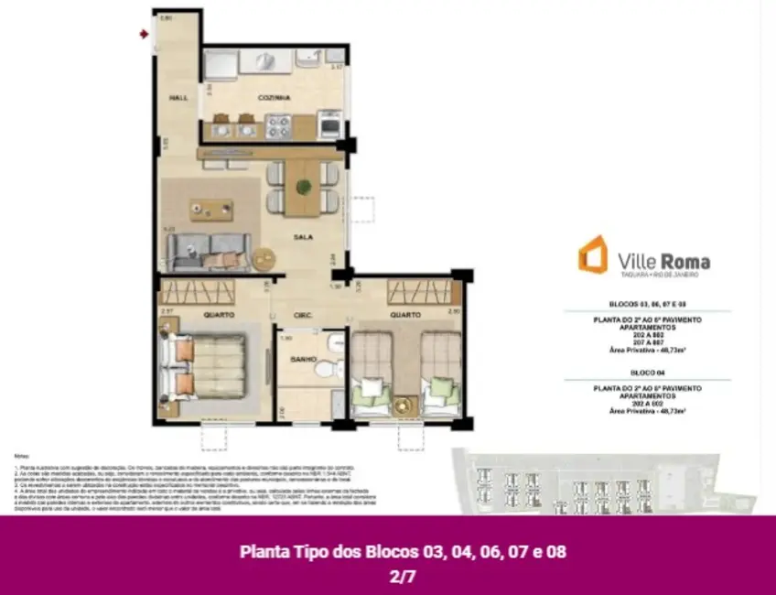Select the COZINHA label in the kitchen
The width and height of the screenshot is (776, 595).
pyautogui.click(x=275, y=97)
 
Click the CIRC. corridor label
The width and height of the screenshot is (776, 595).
pyautogui.click(x=304, y=315)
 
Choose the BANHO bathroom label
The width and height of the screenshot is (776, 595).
pyautogui.click(x=303, y=358)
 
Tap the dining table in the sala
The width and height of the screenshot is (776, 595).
pyautogui.click(x=302, y=188)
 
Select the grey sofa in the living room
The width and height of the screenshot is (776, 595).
pyautogui.click(x=209, y=249)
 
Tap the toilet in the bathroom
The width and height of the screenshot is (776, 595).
pyautogui.click(x=321, y=372)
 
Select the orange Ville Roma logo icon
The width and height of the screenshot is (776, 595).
pyautogui.click(x=592, y=254)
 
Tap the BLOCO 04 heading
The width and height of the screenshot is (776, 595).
pyautogui.click(x=647, y=373)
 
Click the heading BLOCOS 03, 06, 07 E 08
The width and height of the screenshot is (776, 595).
pyautogui.click(x=647, y=303)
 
